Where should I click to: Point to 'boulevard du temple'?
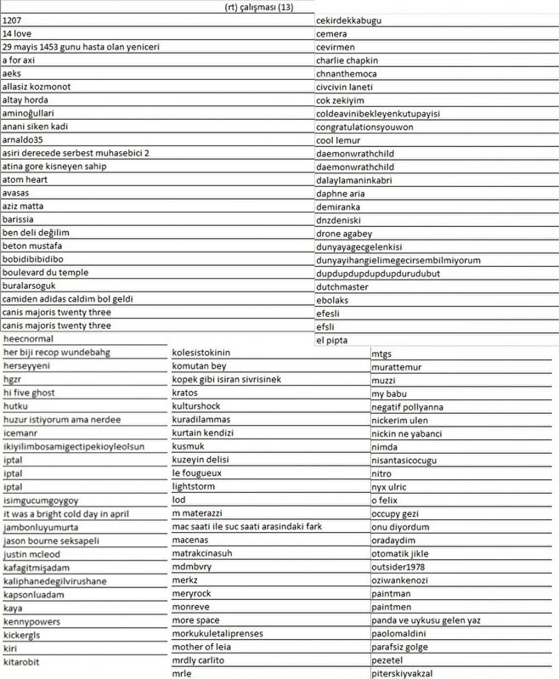(x=45, y=273)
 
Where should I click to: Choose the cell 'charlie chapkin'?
(x=347, y=60)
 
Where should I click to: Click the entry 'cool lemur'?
(x=338, y=140)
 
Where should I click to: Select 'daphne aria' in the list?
(x=341, y=194)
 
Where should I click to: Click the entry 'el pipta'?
(x=332, y=340)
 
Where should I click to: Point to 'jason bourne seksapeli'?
(x=52, y=540)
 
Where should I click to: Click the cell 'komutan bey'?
(x=199, y=365)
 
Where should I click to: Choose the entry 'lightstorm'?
(x=195, y=487)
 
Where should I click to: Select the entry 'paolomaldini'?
(x=398, y=634)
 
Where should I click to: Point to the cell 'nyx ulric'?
(x=391, y=487)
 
